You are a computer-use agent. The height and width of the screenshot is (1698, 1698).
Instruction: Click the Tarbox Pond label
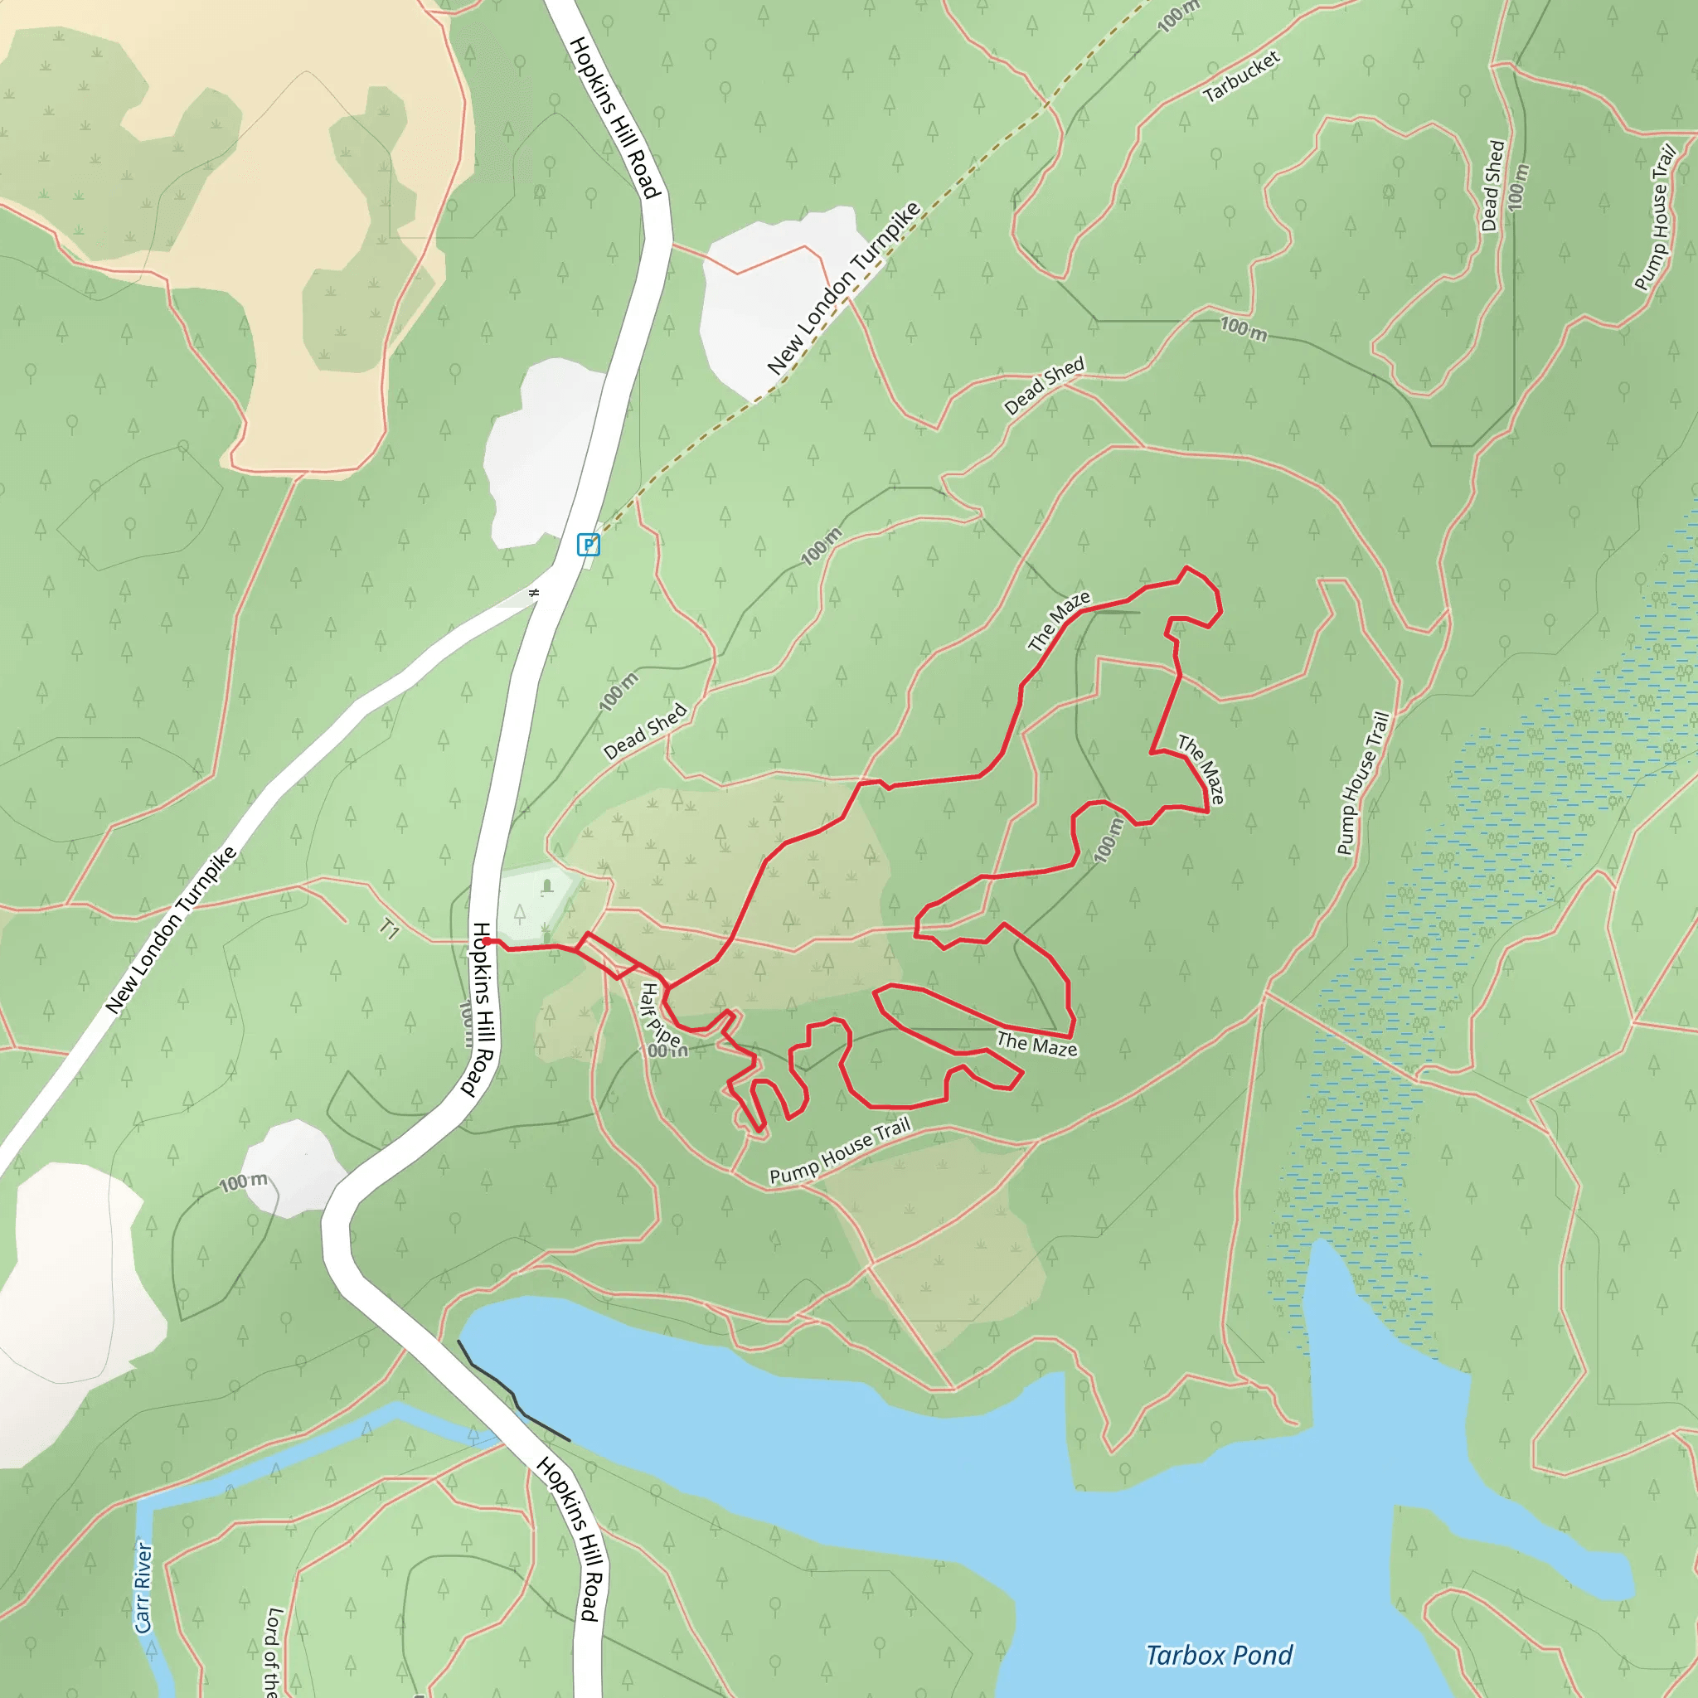[1219, 1656]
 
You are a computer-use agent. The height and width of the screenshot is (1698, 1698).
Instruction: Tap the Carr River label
[143, 1587]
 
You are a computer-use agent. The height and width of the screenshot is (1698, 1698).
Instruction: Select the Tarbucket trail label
[1241, 77]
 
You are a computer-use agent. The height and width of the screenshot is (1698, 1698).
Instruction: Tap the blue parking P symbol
[588, 545]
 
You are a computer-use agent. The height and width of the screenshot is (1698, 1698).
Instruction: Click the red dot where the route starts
[486, 941]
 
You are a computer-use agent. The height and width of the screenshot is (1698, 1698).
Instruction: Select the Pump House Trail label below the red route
[839, 1152]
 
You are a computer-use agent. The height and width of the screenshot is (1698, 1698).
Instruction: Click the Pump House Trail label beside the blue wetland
[1363, 783]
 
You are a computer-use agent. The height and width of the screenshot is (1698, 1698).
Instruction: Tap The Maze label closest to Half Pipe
[1037, 1044]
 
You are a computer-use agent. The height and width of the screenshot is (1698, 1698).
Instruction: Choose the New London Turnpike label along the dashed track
[844, 289]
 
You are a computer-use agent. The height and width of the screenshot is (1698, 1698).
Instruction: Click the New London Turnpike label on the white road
[172, 930]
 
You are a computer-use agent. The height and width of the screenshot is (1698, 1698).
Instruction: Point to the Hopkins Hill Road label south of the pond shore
[571, 1538]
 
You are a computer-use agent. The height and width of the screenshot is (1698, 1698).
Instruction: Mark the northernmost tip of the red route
[1187, 568]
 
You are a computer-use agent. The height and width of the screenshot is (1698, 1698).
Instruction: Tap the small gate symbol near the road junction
[533, 594]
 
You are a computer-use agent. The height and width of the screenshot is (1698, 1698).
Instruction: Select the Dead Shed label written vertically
[1493, 186]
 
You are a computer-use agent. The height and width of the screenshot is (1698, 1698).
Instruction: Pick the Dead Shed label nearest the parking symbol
[645, 731]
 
